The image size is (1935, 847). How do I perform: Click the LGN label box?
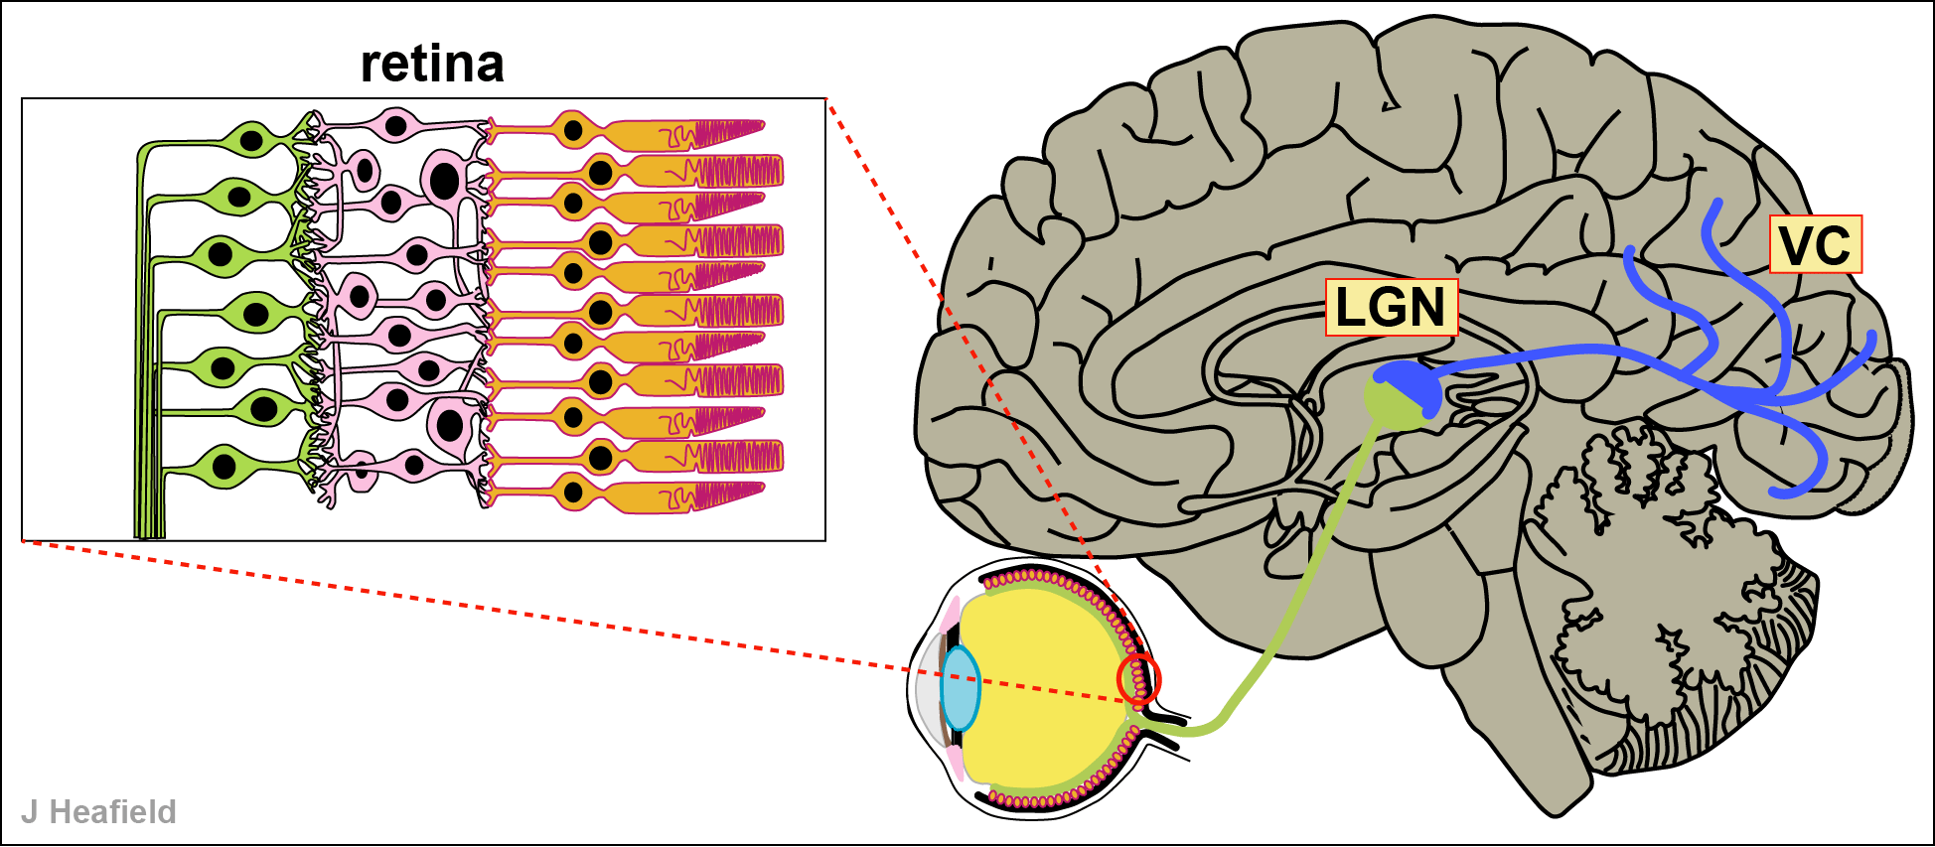pos(1391,307)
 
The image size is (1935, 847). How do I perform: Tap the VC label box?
pos(1815,244)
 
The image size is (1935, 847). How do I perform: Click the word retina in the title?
pos(432,64)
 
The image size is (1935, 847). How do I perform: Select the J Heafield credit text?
pos(98,811)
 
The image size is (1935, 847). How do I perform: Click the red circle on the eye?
pos(1138,679)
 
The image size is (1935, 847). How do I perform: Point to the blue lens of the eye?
pos(961,687)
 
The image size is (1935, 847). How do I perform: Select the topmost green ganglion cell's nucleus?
pos(253,140)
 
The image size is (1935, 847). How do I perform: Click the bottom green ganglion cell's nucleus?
pos(225,465)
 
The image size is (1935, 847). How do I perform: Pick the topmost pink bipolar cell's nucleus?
pos(396,126)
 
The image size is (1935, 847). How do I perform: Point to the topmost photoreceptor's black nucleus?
pos(572,129)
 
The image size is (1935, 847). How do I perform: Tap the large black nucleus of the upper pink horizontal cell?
pos(444,180)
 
